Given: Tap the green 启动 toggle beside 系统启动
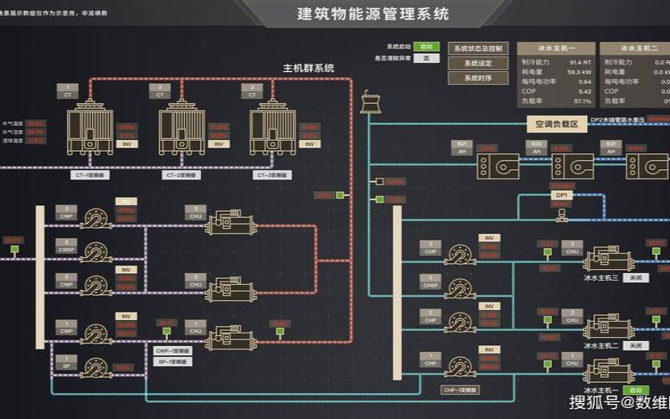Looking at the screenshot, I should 426,47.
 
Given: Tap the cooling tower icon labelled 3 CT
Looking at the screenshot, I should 272,126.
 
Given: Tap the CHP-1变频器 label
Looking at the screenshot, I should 458,390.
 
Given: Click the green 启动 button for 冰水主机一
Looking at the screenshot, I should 636,391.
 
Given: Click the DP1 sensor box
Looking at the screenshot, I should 561,195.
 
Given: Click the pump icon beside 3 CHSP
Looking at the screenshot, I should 461,287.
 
